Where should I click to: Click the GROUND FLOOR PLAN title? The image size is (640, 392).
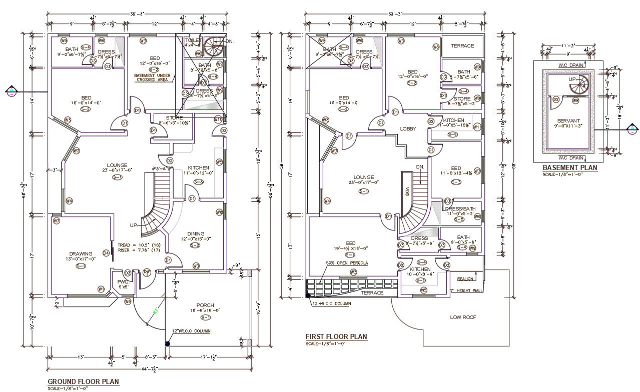pos(83,381)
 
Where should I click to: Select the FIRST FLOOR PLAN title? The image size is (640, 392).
pos(336,337)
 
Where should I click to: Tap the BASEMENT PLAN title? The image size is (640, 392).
pos(570,168)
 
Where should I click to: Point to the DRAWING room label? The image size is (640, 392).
pos(81,253)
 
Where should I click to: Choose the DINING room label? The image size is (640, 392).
pos(196,233)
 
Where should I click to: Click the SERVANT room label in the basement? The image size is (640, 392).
pos(568,120)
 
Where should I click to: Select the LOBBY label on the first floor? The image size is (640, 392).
pos(408,129)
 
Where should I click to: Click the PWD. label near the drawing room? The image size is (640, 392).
pos(123,281)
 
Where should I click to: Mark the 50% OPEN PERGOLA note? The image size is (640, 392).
pos(347,263)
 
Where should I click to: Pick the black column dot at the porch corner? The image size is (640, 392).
pos(167,343)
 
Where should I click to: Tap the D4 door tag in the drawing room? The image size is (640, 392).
pos(106,253)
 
